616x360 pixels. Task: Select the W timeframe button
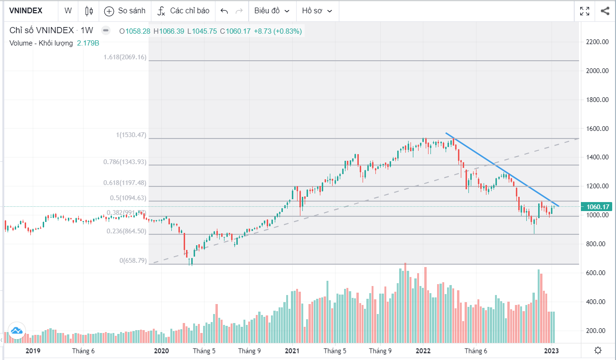tap(68, 10)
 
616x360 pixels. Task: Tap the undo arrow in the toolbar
tap(224, 11)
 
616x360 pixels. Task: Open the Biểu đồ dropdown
tap(271, 10)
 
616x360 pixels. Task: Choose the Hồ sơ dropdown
tap(317, 10)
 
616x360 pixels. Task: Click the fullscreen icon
tap(585, 11)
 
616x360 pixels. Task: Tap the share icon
tap(605, 11)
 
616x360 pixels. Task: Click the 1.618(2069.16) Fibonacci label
tap(125, 57)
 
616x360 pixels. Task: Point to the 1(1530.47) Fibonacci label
tap(131, 135)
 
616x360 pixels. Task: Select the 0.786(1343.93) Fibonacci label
tap(125, 162)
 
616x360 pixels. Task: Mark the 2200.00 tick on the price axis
tap(597, 42)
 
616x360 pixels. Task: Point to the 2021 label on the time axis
tap(291, 351)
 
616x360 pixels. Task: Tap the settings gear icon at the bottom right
tap(598, 351)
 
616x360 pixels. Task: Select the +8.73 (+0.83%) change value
tap(278, 31)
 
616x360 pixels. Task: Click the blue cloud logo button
tap(16, 331)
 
